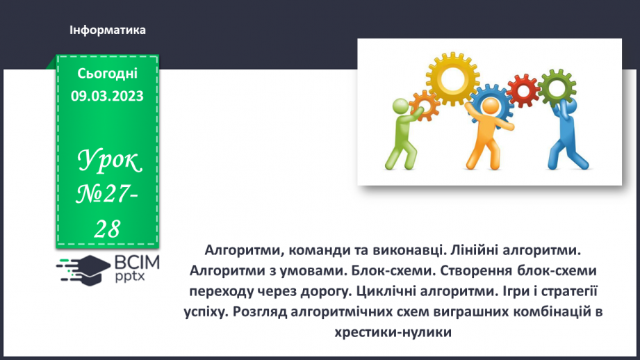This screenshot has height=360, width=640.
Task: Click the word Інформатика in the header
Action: [108, 31]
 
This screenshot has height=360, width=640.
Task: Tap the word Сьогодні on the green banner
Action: [108, 74]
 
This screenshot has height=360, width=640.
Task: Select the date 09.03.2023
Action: [108, 97]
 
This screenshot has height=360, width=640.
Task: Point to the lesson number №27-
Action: [108, 197]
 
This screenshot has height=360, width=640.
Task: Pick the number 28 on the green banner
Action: [107, 229]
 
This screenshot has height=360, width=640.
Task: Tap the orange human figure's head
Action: [491, 107]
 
